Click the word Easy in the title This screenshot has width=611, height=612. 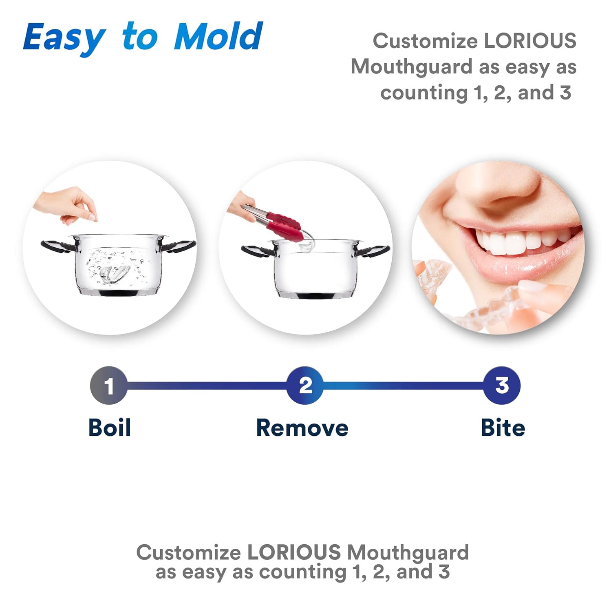point(64,38)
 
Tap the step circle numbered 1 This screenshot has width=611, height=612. point(108,386)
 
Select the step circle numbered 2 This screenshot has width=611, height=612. point(305,386)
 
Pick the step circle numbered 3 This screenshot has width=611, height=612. point(502,386)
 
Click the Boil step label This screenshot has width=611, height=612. point(109,428)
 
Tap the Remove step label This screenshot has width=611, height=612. point(302,428)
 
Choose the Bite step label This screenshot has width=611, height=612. point(503,428)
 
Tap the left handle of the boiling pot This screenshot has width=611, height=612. point(57,245)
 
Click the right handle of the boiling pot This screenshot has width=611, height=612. point(179,246)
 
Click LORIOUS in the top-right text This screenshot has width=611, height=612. point(530,41)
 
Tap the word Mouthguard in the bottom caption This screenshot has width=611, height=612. point(408,552)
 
